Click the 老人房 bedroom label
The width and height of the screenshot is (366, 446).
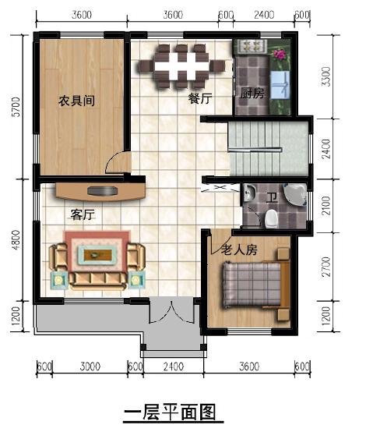239,251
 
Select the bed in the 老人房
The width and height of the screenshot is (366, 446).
252,285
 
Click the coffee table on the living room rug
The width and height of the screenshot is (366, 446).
97,254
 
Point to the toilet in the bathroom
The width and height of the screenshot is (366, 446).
270,219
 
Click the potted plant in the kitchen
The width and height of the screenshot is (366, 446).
279,55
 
